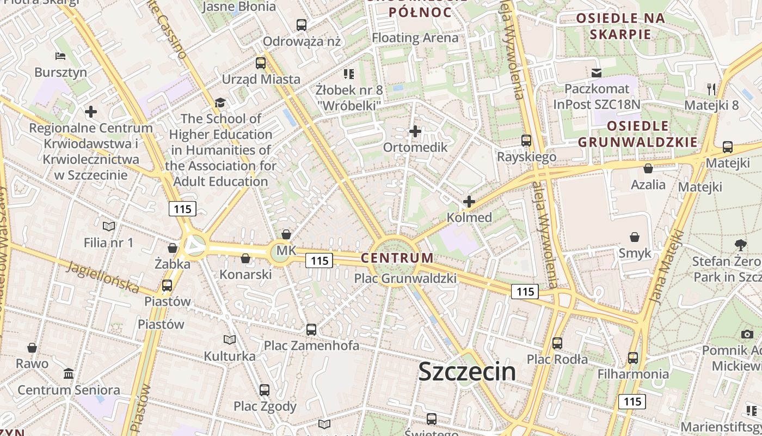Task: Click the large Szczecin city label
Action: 467,372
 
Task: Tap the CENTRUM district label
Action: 397,257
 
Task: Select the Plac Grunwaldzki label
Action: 405,278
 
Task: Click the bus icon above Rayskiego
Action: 526,141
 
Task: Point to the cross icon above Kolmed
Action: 469,202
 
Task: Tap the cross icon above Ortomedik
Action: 415,131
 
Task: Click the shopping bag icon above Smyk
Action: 635,237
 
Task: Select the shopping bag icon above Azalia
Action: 648,168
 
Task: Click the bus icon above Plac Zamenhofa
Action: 311,329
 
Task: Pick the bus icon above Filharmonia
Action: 633,358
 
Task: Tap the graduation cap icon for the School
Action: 220,102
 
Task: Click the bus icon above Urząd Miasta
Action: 261,63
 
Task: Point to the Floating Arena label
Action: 415,38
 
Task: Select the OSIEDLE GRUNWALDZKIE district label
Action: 637,134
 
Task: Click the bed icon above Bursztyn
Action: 60,56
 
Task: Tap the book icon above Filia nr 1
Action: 109,226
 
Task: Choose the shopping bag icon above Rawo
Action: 32,347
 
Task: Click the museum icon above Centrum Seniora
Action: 69,374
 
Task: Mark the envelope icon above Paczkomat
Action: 597,72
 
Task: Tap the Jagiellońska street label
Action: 103,276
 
